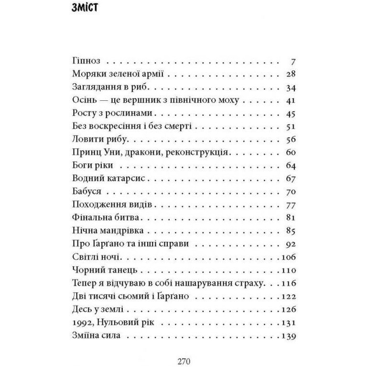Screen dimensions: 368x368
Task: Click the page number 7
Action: (x=294, y=62)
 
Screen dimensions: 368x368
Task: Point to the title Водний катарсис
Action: (x=106, y=179)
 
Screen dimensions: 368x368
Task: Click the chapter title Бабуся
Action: (x=86, y=192)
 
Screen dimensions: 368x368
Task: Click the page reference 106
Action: (x=290, y=257)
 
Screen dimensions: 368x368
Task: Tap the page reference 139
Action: (x=290, y=336)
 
